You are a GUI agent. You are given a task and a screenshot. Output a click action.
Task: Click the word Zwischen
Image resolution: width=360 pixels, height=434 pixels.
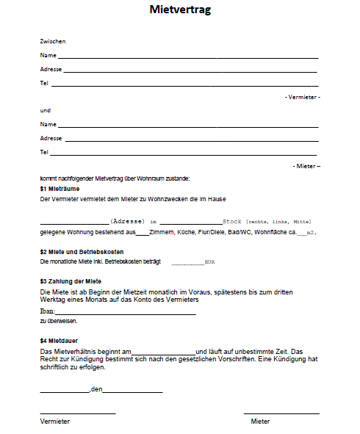[53, 42]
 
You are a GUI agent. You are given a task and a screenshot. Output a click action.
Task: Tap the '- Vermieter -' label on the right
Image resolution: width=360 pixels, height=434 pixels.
[302, 97]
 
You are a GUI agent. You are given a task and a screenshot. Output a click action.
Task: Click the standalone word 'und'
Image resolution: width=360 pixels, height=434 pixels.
[45, 110]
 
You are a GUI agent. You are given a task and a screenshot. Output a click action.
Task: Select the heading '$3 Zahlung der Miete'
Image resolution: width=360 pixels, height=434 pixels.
[71, 281]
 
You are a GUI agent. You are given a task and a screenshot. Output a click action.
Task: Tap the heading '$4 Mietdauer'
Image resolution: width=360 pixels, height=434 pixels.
[60, 341]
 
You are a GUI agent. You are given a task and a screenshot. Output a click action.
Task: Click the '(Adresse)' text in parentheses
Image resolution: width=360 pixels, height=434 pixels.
[126, 221]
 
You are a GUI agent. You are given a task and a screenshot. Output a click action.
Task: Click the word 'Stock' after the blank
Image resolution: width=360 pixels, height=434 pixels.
[232, 221]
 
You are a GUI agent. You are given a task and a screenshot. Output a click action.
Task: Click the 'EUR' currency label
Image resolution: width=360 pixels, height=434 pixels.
[209, 261]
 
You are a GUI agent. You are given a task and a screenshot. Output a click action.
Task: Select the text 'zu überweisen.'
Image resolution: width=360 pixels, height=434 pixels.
[58, 321]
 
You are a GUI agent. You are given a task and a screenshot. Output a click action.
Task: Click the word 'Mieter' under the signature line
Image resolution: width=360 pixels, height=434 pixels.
[260, 422]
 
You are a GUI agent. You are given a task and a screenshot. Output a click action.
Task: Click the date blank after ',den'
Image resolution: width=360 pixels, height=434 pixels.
[132, 390]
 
